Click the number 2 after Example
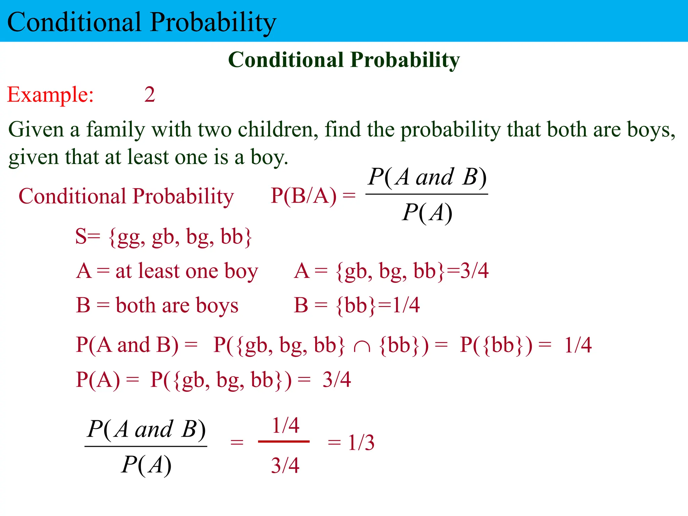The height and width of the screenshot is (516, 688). click(149, 95)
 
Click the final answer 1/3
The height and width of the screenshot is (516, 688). click(361, 442)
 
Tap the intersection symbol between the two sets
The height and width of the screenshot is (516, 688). click(362, 346)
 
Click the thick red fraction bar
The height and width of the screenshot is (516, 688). click(284, 441)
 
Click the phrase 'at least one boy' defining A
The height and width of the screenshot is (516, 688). click(186, 271)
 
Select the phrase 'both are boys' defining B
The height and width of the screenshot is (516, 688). click(177, 305)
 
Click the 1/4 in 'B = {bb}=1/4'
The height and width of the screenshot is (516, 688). click(406, 305)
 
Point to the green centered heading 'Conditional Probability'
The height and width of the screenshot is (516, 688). click(344, 60)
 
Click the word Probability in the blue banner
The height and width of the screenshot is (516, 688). click(213, 22)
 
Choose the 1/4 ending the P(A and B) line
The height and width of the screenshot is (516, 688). click(578, 345)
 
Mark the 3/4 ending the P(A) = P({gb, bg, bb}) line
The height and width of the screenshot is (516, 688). click(337, 380)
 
